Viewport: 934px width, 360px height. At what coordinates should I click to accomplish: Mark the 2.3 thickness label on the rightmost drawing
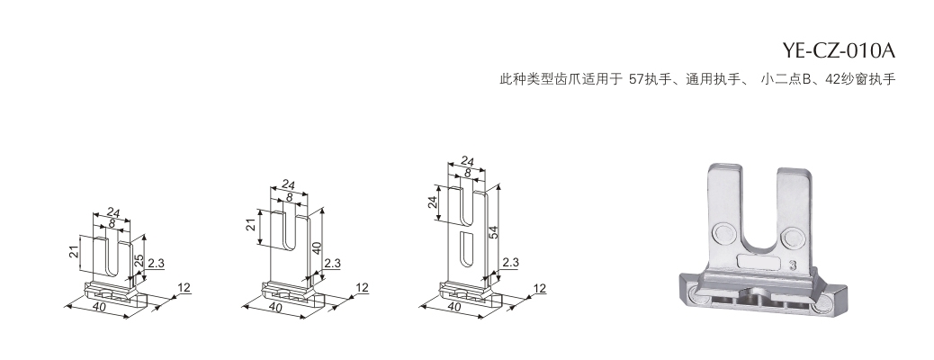click(510, 262)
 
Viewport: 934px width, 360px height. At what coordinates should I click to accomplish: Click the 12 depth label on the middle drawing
click(362, 288)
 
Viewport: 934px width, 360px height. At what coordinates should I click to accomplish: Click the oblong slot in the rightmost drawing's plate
click(465, 249)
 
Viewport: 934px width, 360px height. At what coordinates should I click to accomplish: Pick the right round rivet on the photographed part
click(792, 237)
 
